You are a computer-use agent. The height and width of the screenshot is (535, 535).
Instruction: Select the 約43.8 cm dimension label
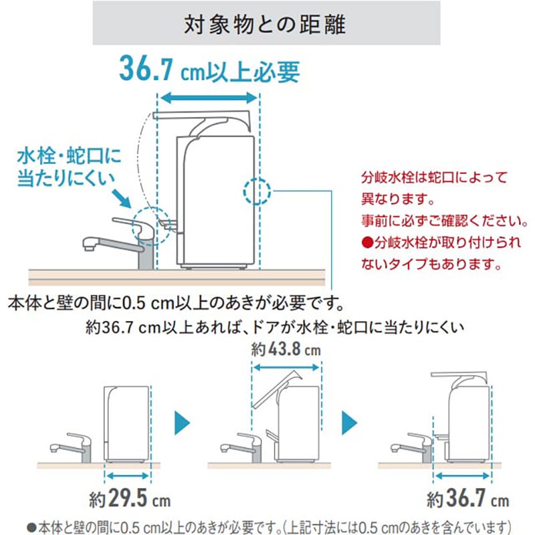click(286, 350)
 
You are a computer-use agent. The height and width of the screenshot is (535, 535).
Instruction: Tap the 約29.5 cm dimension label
click(130, 500)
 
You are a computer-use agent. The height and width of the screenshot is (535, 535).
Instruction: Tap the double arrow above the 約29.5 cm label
click(128, 475)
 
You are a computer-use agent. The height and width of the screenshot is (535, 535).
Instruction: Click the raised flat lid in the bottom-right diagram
click(460, 372)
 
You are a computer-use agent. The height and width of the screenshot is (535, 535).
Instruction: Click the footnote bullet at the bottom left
click(31, 525)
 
